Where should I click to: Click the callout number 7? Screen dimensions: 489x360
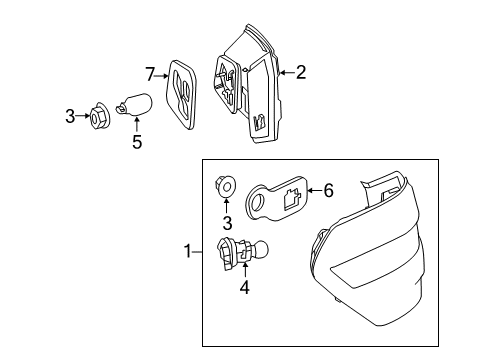(x=150, y=74)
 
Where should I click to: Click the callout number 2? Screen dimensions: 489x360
(x=301, y=72)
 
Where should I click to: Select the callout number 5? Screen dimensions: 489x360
(x=137, y=142)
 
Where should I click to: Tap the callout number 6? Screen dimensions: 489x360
(x=329, y=191)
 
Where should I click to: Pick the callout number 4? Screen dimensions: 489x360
(x=245, y=287)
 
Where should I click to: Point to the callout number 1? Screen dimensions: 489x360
(x=188, y=251)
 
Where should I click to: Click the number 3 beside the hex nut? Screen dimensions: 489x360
(x=70, y=116)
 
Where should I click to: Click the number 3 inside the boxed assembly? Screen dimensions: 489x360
(x=227, y=223)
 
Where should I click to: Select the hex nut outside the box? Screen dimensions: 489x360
(x=99, y=116)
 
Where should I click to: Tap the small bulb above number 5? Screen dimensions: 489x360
(x=135, y=105)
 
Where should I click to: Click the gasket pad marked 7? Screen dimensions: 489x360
(x=181, y=94)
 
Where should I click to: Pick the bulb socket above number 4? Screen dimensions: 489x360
(x=242, y=253)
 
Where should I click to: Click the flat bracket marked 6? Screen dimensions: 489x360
(x=277, y=198)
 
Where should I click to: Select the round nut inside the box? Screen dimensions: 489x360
(x=225, y=187)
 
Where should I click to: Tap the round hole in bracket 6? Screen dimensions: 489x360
(x=258, y=203)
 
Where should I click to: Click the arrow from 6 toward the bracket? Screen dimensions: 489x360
(x=314, y=191)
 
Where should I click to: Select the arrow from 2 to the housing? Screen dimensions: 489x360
(x=287, y=72)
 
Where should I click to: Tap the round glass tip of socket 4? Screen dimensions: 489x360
(x=262, y=249)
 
